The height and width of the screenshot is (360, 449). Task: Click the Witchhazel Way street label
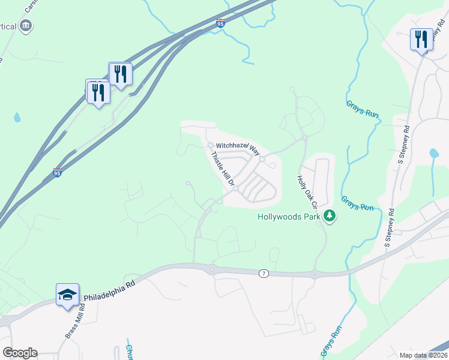(x=237, y=146)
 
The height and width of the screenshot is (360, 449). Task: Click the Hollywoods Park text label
(x=289, y=217)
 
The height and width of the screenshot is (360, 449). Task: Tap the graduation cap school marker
(x=67, y=295)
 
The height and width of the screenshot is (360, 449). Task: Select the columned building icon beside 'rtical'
(x=26, y=26)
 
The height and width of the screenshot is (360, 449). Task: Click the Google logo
(x=20, y=353)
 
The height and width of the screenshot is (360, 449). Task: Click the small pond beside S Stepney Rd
(x=434, y=154)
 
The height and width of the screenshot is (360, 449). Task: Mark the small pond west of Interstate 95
(x=17, y=117)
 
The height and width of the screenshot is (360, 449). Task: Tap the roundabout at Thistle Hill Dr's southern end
(x=237, y=188)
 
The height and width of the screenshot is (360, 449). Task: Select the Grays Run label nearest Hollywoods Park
(x=358, y=203)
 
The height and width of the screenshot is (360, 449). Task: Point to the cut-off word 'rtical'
(x=10, y=26)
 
